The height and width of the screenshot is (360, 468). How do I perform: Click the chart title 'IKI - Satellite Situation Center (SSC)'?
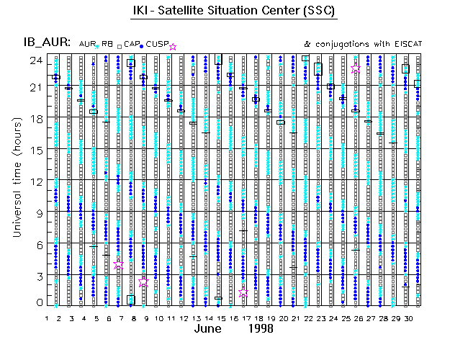pyautogui.click(x=235, y=11)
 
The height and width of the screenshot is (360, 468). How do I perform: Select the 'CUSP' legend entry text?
pyautogui.click(x=157, y=45)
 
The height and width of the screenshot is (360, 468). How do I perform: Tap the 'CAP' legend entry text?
pyautogui.click(x=131, y=45)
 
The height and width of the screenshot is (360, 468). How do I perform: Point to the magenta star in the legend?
pyautogui.click(x=172, y=47)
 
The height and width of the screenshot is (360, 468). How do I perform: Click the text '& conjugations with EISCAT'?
pyautogui.click(x=364, y=44)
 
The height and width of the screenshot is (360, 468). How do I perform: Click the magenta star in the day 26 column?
pyautogui.click(x=356, y=68)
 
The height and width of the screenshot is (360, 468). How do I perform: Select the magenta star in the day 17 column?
pyautogui.click(x=243, y=292)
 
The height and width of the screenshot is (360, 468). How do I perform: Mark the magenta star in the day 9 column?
pyautogui.click(x=143, y=282)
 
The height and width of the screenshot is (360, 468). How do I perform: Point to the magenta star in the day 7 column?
pyautogui.click(x=119, y=264)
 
